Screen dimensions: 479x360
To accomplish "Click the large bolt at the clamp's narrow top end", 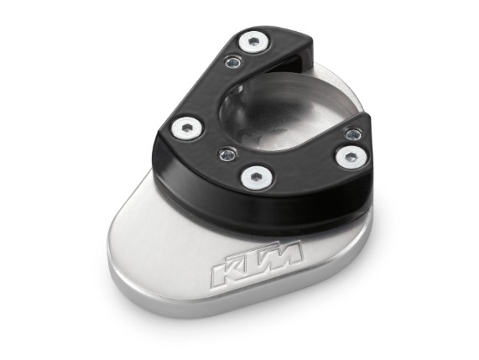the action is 255,42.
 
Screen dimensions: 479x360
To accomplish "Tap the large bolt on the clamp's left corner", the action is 187,128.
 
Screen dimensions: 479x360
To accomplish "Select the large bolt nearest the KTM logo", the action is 257,178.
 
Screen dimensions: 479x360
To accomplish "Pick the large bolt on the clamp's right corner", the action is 351,158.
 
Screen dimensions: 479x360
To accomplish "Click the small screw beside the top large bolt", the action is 233,63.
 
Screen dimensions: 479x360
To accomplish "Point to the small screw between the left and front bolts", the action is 227,154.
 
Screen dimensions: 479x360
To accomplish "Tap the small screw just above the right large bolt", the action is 353,134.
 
